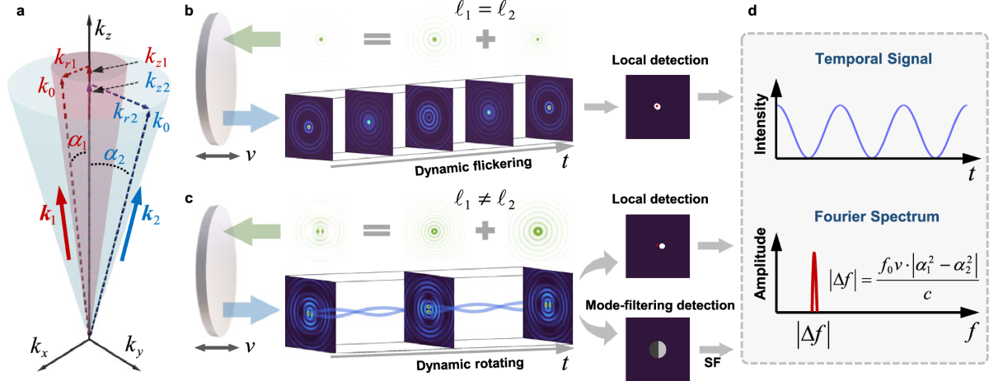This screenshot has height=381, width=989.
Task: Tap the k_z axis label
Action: (x=102, y=35)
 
